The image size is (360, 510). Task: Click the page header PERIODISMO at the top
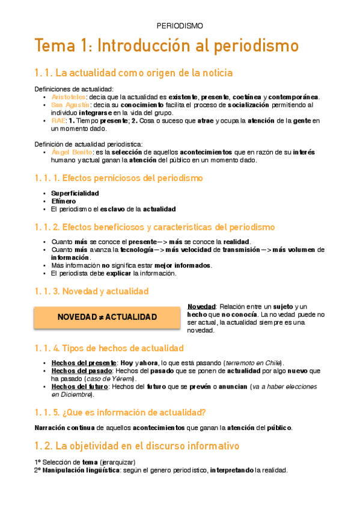pos(180,26)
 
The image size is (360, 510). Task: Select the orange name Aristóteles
pos(69,97)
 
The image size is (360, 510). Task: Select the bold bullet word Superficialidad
pos(75,193)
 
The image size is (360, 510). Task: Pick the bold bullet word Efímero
pos(63,201)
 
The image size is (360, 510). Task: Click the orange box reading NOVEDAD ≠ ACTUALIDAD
pos(106,317)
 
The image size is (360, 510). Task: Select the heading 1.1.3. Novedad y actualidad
pos(91,291)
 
